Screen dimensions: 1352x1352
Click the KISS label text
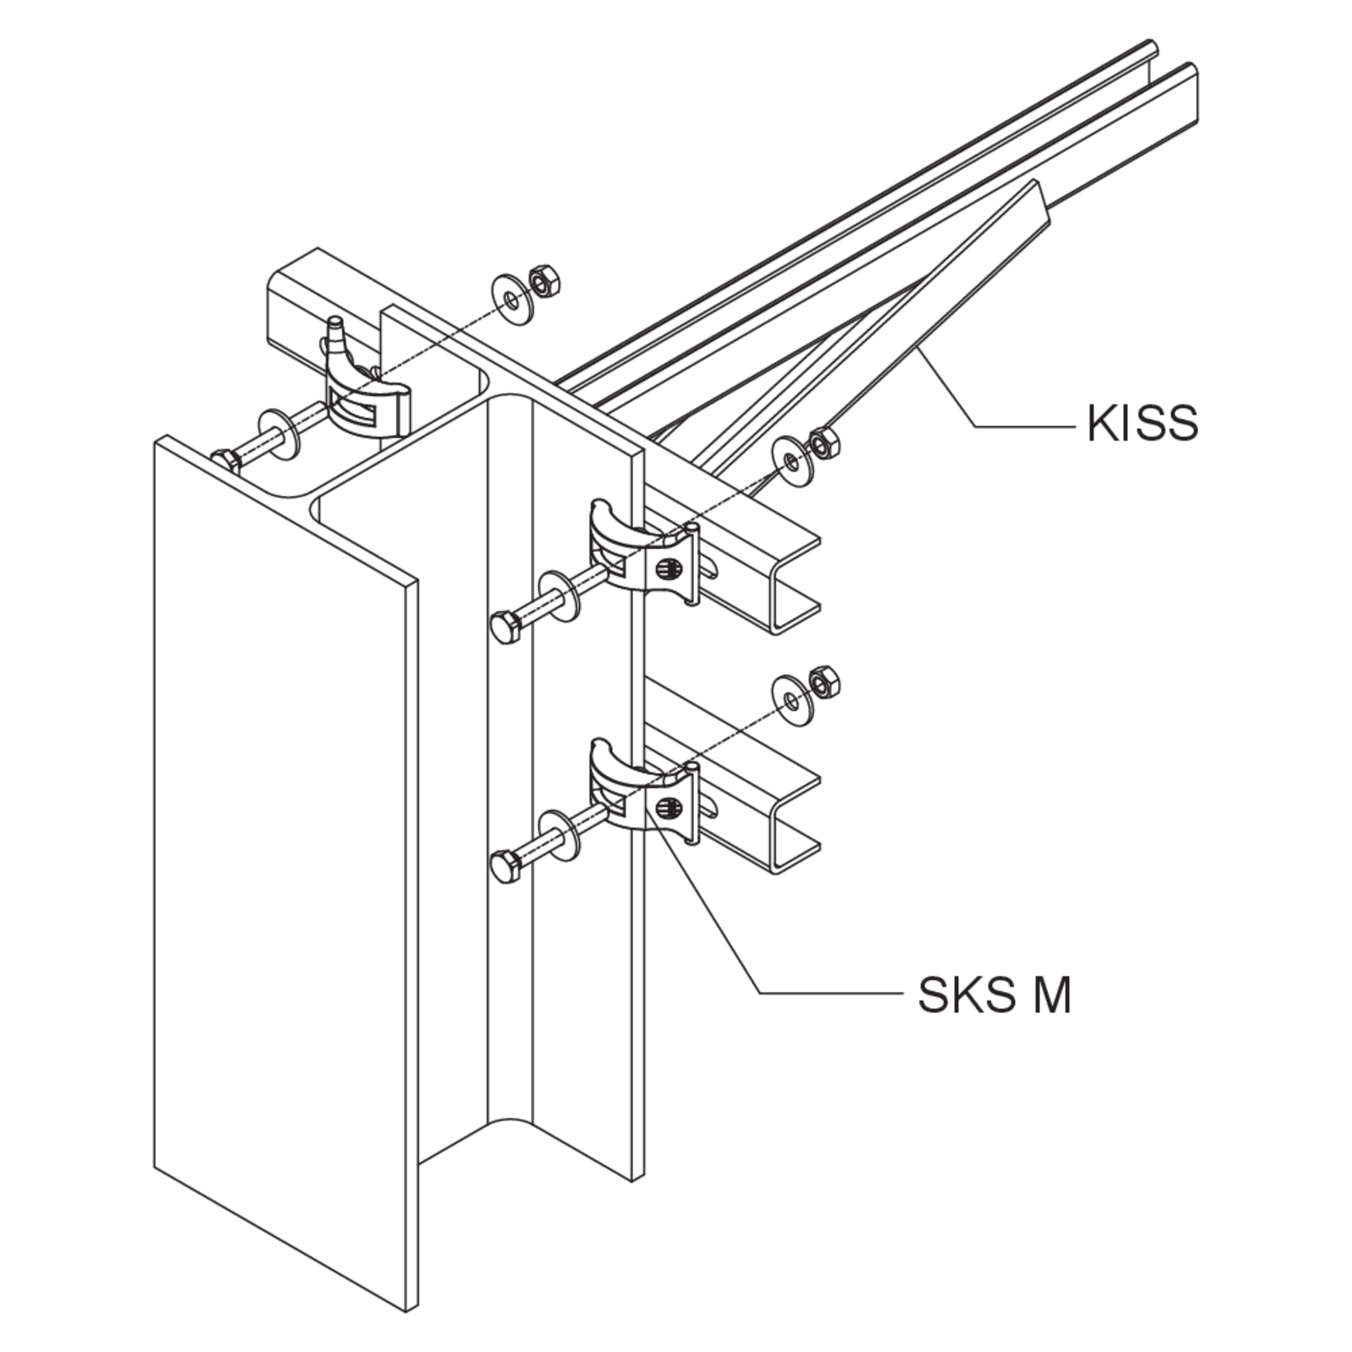1142,422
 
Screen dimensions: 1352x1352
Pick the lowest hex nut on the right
824,682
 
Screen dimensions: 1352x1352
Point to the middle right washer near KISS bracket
791,461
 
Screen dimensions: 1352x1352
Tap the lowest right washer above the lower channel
791,700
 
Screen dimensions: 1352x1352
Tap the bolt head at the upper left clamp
227,462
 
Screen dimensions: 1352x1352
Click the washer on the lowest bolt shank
559,837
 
